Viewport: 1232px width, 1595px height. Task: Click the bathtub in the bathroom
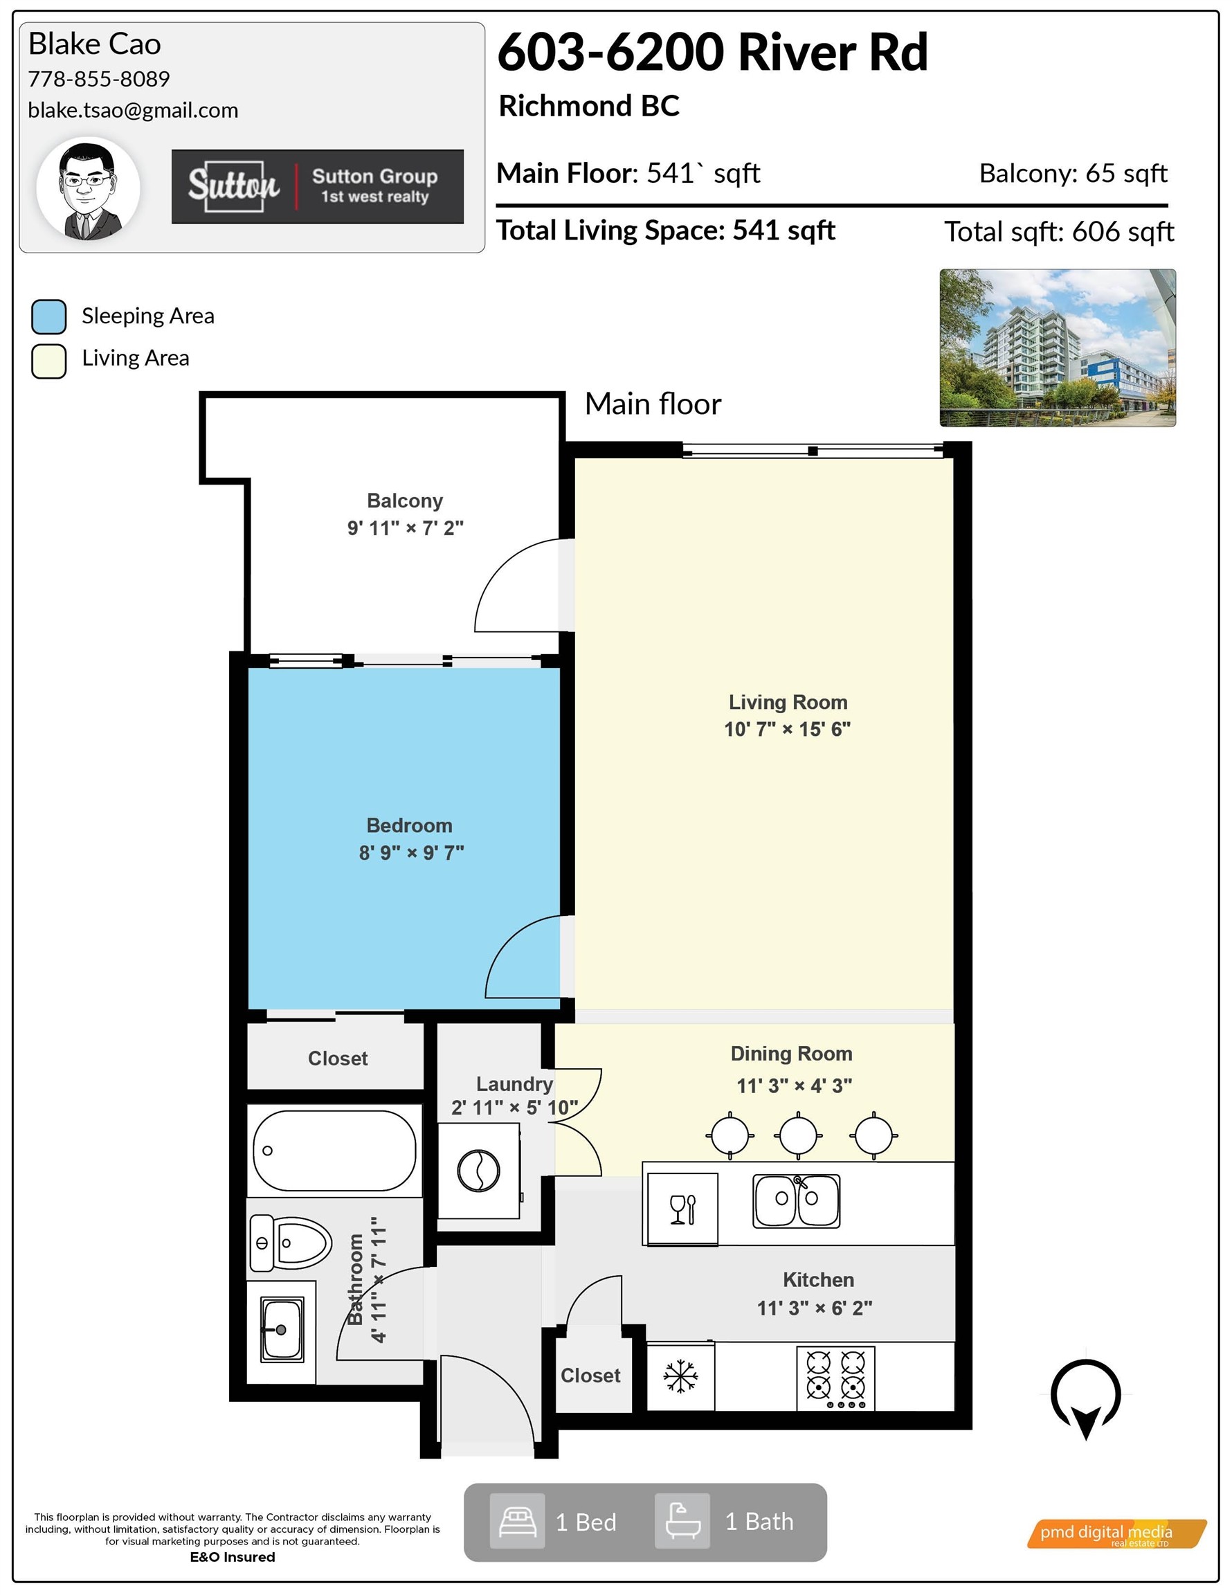tap(334, 1151)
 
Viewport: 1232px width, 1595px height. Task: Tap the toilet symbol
tap(290, 1243)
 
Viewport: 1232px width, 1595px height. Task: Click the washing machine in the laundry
tap(478, 1171)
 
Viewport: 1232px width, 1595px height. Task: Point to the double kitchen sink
tap(796, 1200)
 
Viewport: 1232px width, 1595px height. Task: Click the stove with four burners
tap(835, 1378)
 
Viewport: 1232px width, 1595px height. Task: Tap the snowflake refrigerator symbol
tap(680, 1377)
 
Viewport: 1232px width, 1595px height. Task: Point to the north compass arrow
tap(1086, 1398)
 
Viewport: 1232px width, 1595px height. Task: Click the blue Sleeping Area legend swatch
tap(49, 316)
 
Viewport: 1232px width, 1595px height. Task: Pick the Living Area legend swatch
tap(49, 361)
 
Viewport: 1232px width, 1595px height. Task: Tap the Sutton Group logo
tap(318, 186)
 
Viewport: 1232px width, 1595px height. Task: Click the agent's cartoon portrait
tap(89, 190)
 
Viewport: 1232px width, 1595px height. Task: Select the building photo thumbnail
tap(1058, 348)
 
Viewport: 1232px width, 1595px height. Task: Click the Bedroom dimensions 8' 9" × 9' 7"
tap(411, 852)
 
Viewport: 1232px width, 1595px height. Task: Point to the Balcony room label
tap(405, 501)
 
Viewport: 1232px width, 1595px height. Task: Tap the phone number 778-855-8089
tap(98, 79)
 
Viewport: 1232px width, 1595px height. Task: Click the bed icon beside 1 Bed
tap(518, 1521)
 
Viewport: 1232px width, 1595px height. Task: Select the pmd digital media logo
tap(1116, 1533)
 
